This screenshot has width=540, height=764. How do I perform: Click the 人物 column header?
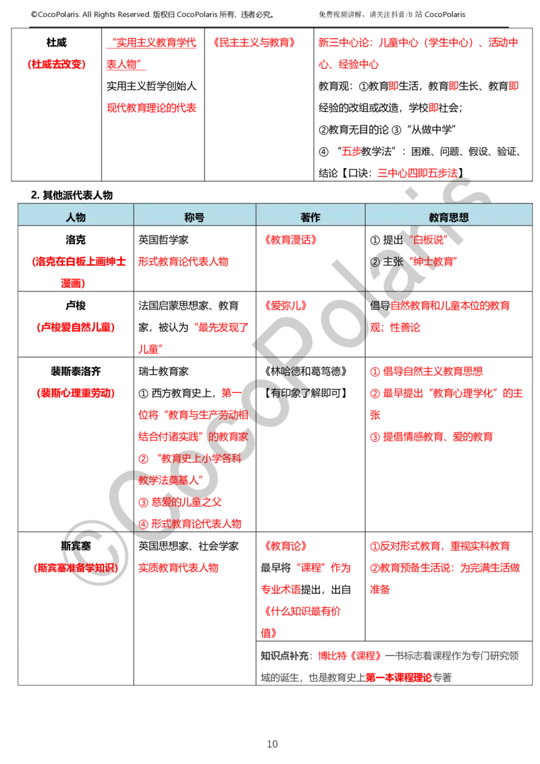pos(76,218)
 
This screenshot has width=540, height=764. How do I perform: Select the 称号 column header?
pos(194,218)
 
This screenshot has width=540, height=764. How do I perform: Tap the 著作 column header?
pos(310,218)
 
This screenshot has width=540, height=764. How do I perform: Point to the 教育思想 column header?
pos(449,218)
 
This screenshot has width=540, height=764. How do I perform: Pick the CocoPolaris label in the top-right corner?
pos(445,14)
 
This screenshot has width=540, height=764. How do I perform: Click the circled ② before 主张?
pos(375,262)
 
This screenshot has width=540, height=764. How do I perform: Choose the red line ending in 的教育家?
pos(192,437)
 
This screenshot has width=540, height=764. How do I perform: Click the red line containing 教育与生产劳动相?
pos(192,414)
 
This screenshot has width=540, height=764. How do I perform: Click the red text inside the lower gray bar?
pos(398,676)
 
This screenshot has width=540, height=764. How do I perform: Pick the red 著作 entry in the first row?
pos(290,240)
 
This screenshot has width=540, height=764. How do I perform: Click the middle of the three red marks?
pos(454,86)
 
